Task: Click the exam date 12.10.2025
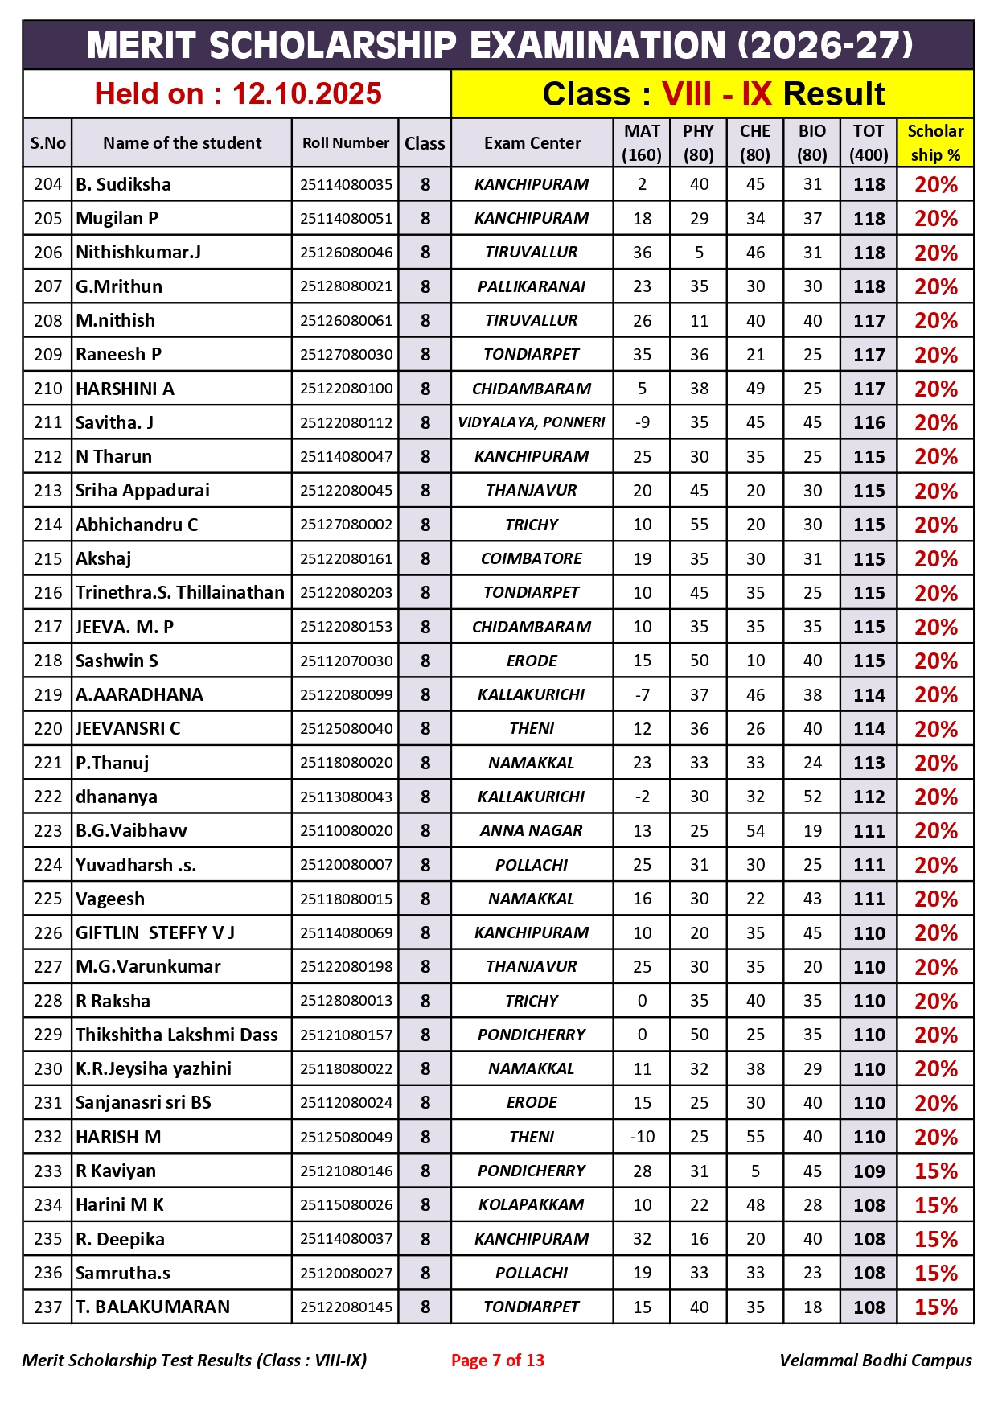coord(306,94)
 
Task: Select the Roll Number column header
coord(345,143)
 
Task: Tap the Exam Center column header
coord(532,143)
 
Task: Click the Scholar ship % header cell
coord(934,143)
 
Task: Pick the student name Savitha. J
coord(114,422)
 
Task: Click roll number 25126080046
coord(346,253)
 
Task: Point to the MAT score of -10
coord(642,1137)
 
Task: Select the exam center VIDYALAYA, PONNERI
coord(531,422)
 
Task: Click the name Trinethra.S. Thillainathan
coord(180,593)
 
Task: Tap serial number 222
coord(47,797)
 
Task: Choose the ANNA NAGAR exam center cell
coord(531,830)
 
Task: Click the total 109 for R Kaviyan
coord(869,1171)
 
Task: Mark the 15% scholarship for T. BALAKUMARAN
coord(935,1307)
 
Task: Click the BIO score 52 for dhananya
coord(812,797)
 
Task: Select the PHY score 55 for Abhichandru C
coord(699,525)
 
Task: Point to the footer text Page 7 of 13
coord(497,1361)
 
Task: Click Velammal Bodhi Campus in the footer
coord(875,1361)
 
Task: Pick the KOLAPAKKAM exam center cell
coord(531,1205)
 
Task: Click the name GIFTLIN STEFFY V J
coord(155,933)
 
